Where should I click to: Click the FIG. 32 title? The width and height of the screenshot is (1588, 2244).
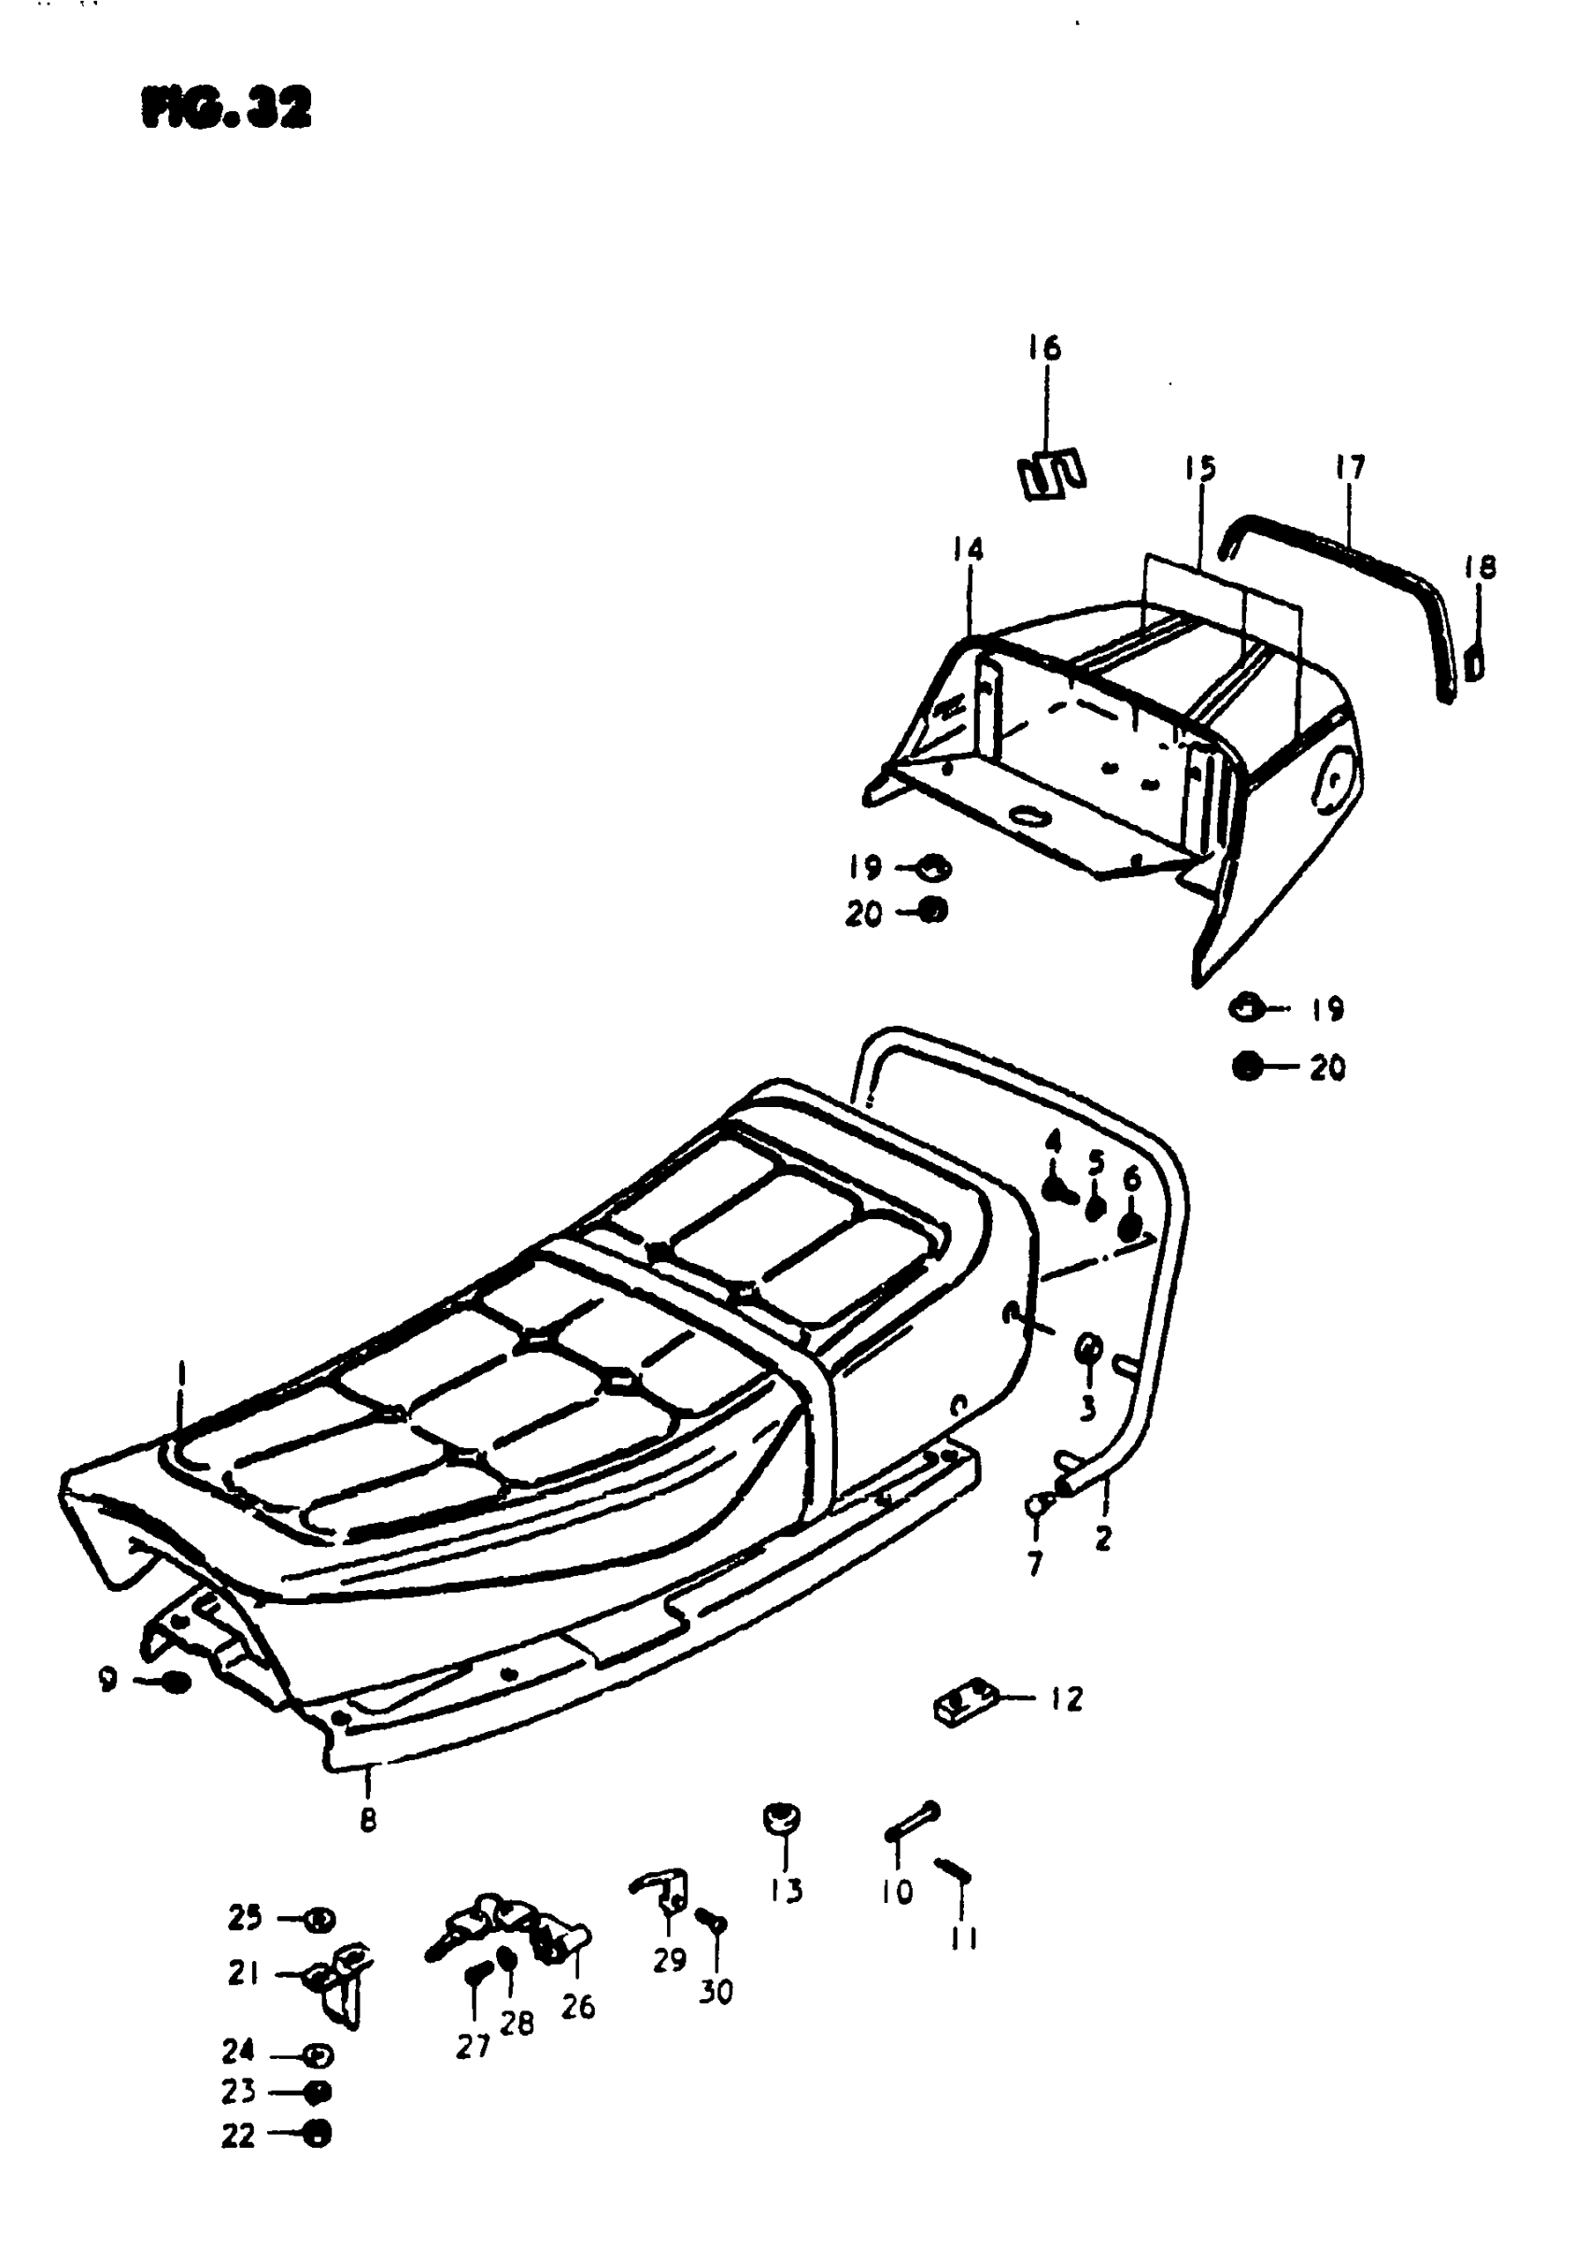[227, 108]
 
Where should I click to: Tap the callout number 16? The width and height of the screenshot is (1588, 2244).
[1044, 348]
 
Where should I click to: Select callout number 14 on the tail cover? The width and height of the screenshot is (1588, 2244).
[968, 549]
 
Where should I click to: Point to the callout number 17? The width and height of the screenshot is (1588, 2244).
[1350, 468]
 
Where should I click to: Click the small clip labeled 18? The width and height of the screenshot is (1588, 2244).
[1475, 666]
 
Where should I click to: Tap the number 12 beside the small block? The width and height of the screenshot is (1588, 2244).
[1068, 1698]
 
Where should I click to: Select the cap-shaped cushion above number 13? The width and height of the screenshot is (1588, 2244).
[782, 1817]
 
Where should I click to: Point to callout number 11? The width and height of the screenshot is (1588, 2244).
[964, 1937]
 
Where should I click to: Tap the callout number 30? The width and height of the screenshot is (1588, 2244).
[716, 1992]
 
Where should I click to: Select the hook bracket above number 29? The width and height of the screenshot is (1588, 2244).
[662, 1888]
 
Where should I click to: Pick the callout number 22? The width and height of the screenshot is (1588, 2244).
[237, 2137]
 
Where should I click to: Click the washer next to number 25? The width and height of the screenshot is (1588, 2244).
[318, 1920]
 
